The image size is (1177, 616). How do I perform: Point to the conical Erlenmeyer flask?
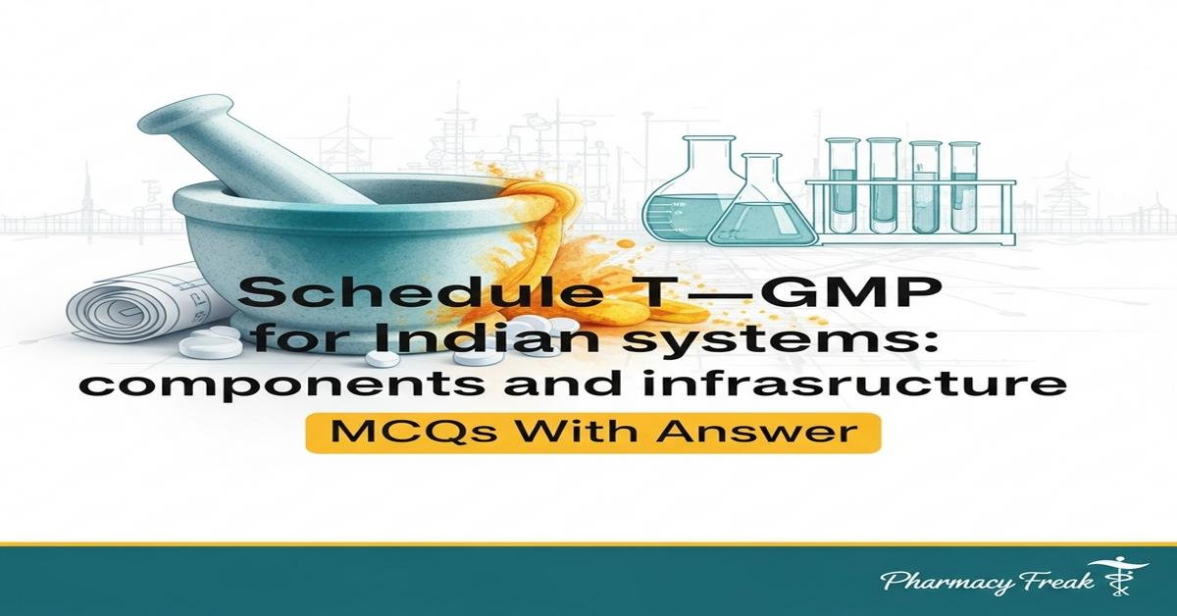[x=761, y=211]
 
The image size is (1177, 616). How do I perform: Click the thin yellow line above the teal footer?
[x=588, y=543]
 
